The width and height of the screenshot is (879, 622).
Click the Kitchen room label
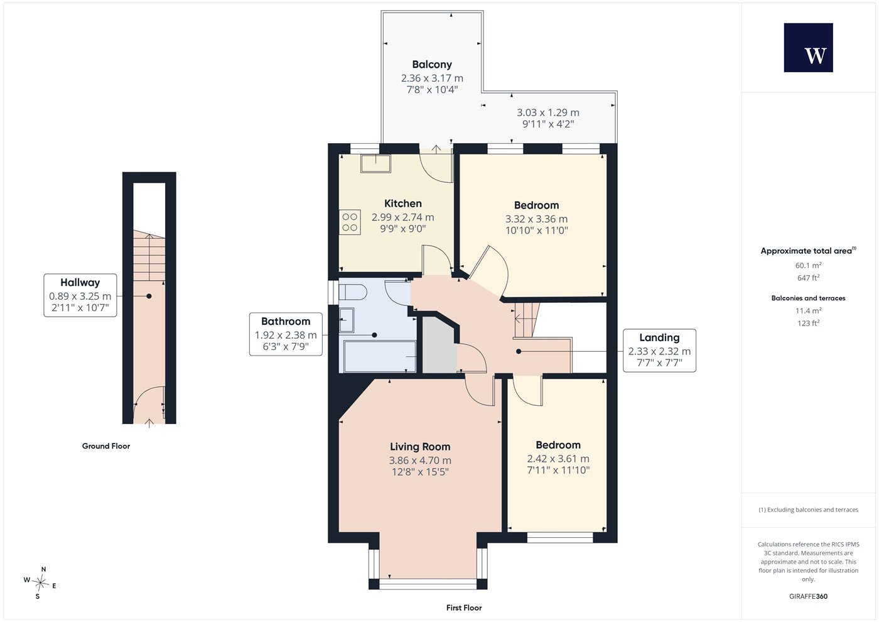(403, 204)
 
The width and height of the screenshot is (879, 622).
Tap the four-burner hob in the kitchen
(350, 222)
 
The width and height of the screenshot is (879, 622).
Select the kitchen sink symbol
(376, 163)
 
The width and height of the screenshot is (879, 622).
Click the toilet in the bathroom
(353, 292)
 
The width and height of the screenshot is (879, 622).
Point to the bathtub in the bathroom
(379, 356)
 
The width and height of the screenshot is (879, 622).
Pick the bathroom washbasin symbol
(347, 320)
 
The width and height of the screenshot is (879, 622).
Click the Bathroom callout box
(286, 334)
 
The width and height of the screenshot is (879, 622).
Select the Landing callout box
(659, 351)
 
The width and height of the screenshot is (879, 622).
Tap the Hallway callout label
(80, 295)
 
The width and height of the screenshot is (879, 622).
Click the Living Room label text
(420, 447)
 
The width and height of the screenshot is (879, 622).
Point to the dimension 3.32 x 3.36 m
(536, 219)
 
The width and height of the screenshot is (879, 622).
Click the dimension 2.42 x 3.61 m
(558, 459)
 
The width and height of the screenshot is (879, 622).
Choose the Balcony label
(432, 64)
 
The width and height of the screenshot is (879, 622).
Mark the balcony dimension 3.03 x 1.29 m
(547, 112)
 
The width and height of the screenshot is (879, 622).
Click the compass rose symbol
(40, 583)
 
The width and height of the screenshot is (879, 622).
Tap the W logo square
(809, 48)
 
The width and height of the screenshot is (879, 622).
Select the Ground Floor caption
(106, 446)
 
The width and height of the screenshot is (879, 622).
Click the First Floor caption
(464, 608)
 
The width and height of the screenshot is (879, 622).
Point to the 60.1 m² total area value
(809, 265)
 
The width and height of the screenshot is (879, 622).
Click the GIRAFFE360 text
(809, 596)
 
